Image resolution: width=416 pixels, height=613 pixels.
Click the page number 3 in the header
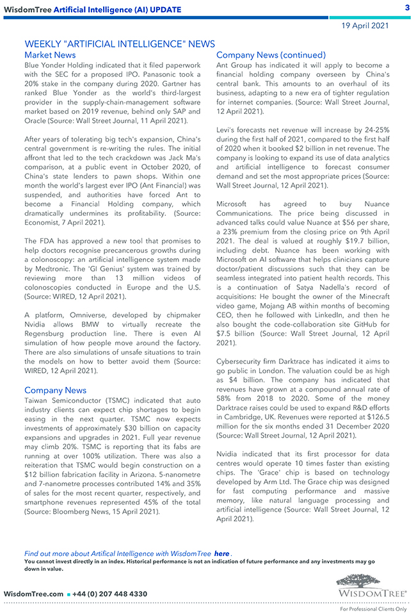(x=407, y=8)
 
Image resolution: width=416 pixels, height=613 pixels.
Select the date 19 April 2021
(x=365, y=26)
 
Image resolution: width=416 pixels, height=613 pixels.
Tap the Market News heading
(x=50, y=55)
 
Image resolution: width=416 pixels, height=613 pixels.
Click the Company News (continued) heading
(x=271, y=55)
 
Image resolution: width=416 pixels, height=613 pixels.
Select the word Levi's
(x=228, y=131)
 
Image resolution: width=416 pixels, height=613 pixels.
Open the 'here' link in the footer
(x=221, y=553)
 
